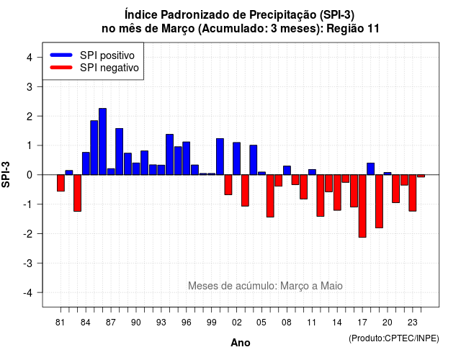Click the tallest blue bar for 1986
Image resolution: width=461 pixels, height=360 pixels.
click(102, 142)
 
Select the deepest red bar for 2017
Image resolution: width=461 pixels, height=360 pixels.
click(362, 206)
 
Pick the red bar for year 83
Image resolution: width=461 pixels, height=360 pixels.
click(77, 193)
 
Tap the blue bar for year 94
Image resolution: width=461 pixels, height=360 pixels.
click(170, 155)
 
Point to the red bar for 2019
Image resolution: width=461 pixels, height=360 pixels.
click(380, 202)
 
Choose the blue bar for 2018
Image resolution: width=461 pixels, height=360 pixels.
click(371, 169)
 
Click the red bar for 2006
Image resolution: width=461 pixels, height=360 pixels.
click(270, 196)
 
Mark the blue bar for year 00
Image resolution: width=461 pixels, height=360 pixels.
click(220, 157)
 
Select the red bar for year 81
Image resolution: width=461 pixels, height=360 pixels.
click(61, 183)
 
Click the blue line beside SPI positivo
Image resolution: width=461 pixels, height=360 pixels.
click(61, 55)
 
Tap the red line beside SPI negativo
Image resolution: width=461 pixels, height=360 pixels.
click(61, 68)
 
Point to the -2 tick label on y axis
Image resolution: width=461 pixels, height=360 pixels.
click(28, 234)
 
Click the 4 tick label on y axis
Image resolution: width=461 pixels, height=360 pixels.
click(30, 58)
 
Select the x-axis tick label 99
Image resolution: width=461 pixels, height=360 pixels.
click(211, 323)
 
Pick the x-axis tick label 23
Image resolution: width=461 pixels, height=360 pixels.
click(413, 323)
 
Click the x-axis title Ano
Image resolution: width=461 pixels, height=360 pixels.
click(241, 343)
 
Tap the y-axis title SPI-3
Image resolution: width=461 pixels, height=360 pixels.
click(6, 174)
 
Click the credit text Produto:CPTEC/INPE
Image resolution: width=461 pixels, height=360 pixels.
click(394, 338)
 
